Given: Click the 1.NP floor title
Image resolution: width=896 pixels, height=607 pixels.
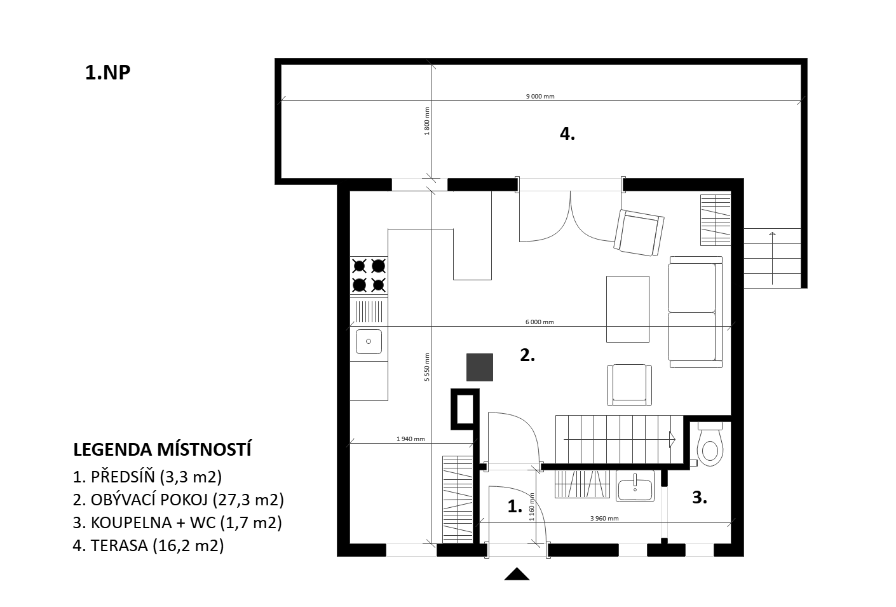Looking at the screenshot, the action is (x=107, y=72).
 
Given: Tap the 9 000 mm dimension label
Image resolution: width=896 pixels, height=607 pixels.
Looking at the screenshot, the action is (x=540, y=97).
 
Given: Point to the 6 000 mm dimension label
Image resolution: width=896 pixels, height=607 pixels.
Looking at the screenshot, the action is (x=540, y=322).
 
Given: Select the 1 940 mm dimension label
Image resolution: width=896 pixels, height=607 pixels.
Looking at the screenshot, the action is (x=411, y=439).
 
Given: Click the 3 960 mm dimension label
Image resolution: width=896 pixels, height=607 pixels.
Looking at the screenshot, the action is (x=604, y=518).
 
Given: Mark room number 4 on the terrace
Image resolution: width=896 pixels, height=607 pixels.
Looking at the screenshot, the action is (x=567, y=133).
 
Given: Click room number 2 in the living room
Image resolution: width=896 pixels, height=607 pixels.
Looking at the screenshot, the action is (x=527, y=355).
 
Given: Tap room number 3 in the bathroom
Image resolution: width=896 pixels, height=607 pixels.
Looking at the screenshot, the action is (x=700, y=497).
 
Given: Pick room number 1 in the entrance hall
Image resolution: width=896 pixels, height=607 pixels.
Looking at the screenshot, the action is (x=515, y=507).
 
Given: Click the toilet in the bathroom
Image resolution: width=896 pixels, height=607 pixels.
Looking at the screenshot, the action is (x=710, y=444).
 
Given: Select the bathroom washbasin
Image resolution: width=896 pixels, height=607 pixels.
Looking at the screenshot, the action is (x=635, y=486).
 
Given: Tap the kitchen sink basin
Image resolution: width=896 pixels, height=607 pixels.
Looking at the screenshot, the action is (x=369, y=341).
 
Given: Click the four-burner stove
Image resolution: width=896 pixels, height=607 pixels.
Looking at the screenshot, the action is (x=369, y=275).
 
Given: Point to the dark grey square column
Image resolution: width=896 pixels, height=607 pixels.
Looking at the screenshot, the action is (x=480, y=367).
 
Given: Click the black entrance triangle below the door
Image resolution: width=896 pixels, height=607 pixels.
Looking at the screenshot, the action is (x=517, y=574).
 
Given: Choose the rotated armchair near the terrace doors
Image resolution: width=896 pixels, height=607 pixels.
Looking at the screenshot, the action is (x=639, y=233).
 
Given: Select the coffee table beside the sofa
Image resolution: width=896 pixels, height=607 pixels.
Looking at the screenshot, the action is (x=628, y=310).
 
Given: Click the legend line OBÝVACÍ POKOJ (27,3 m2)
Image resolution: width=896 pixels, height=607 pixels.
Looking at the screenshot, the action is (x=179, y=500).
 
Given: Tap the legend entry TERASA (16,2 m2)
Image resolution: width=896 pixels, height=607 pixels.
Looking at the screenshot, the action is (x=149, y=546).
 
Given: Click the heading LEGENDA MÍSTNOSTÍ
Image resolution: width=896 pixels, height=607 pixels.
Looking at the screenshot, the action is (x=163, y=450).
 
